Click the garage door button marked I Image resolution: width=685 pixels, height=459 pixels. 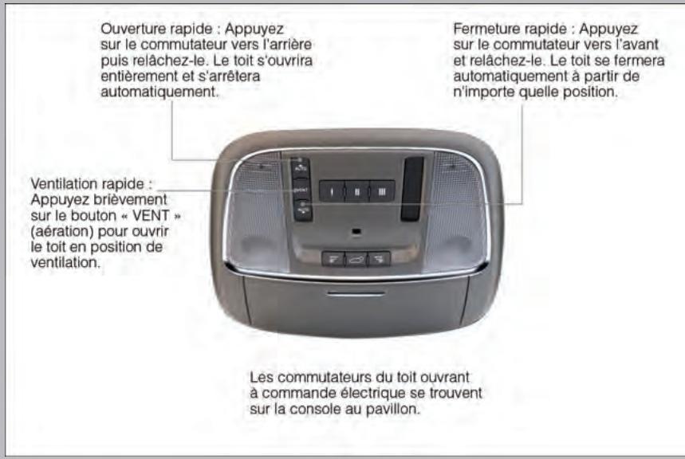point(330,192)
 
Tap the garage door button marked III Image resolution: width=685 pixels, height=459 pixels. point(381,192)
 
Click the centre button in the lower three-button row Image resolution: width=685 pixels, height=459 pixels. point(356,259)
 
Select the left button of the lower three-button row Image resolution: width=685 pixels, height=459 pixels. point(333,259)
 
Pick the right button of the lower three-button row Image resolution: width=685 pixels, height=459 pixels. point(379,259)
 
